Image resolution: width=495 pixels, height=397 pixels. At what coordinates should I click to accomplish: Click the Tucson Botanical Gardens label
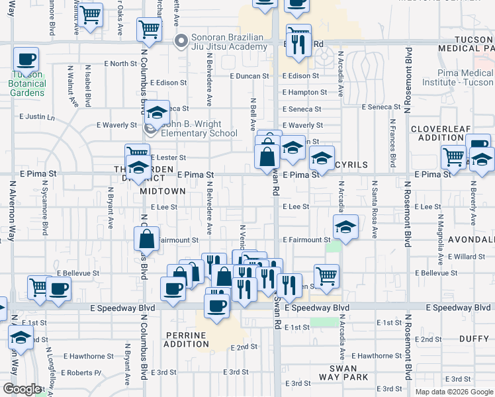tap(27, 83)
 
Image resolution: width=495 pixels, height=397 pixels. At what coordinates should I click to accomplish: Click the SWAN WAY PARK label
tap(342, 373)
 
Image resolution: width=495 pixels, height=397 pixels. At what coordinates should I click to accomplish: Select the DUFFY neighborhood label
tap(474, 339)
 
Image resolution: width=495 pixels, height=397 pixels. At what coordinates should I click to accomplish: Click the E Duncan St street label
tap(249, 76)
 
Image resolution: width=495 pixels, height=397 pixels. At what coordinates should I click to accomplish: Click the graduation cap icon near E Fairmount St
tap(345, 227)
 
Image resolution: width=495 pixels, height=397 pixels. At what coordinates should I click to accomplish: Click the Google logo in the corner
tap(21, 389)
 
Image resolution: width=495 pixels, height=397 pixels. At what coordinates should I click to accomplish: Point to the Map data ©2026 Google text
tap(455, 392)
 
